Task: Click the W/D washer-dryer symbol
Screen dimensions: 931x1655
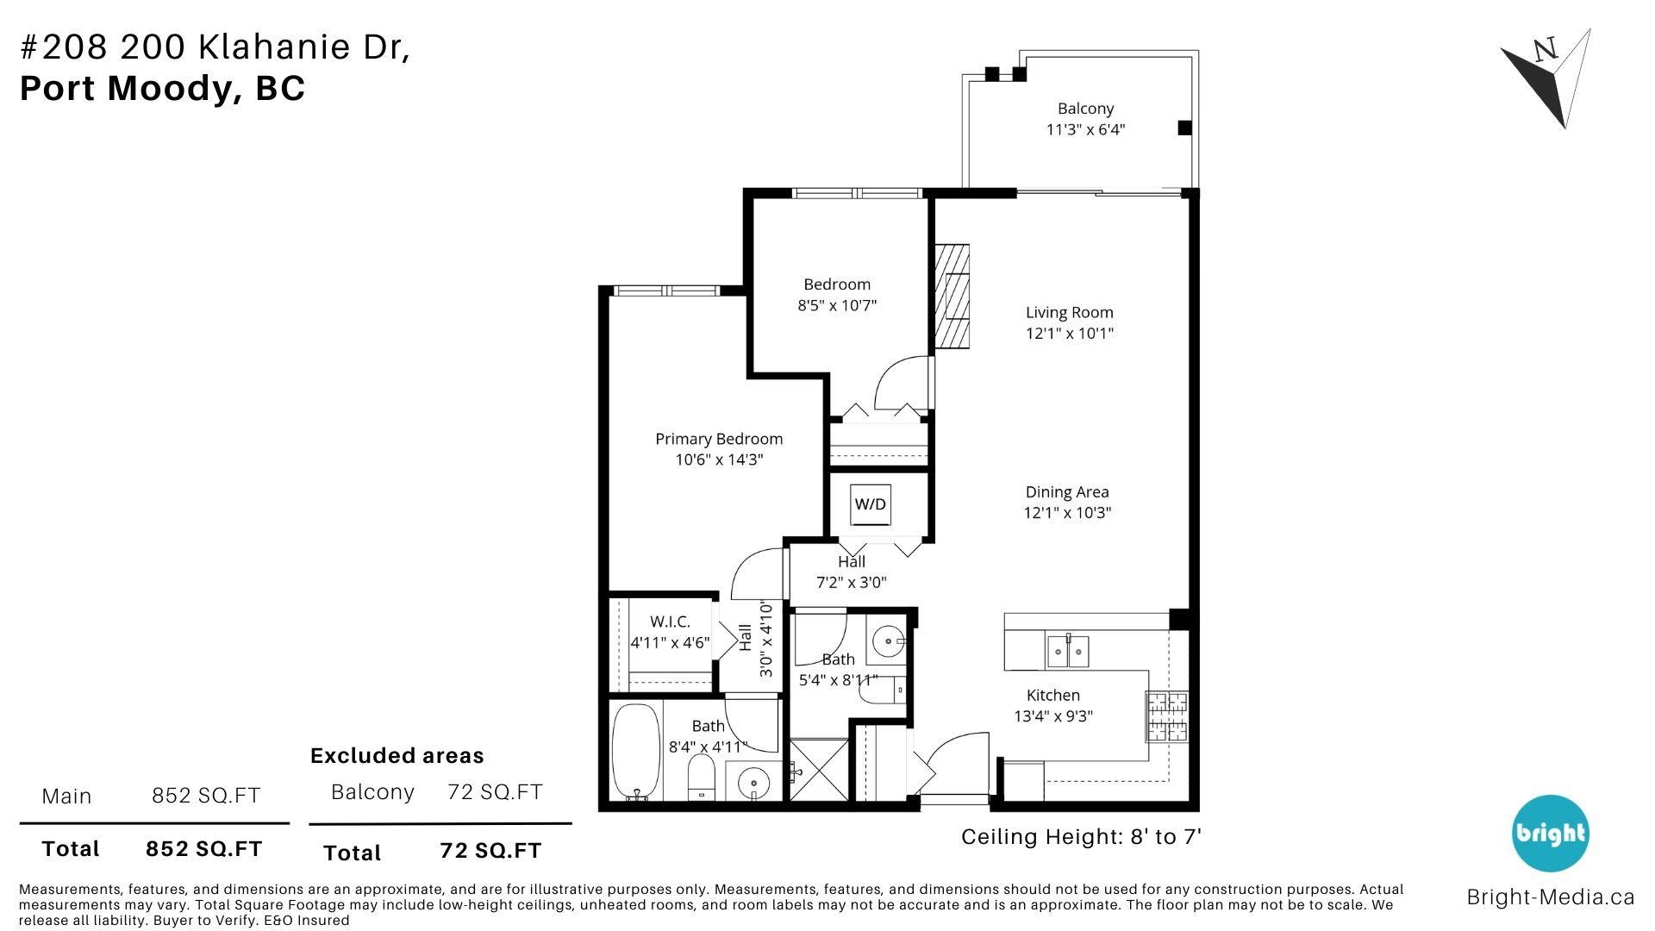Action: pyautogui.click(x=871, y=504)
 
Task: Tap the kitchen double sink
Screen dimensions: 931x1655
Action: pyautogui.click(x=1068, y=651)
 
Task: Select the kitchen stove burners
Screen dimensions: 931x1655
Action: pyautogui.click(x=1166, y=716)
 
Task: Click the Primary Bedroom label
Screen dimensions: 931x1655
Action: pyautogui.click(x=719, y=439)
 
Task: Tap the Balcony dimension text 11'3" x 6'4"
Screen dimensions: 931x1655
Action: pyautogui.click(x=1085, y=130)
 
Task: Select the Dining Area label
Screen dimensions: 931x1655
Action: pyautogui.click(x=1067, y=492)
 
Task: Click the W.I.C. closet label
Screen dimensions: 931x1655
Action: pyautogui.click(x=670, y=622)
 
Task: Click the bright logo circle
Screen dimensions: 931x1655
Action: pyautogui.click(x=1550, y=833)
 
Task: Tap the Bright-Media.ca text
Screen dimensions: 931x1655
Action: pyautogui.click(x=1550, y=897)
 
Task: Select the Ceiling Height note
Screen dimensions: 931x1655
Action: pyautogui.click(x=1081, y=837)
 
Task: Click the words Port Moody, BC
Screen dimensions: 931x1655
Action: pyautogui.click(x=162, y=89)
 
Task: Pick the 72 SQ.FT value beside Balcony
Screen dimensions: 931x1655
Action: pyautogui.click(x=495, y=791)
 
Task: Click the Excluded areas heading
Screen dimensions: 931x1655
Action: pyautogui.click(x=397, y=756)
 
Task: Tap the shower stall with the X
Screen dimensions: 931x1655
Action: pyautogui.click(x=819, y=769)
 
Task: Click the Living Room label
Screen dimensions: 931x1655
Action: pyautogui.click(x=1069, y=313)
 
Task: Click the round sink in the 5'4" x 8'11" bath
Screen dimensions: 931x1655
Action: pyautogui.click(x=886, y=641)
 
